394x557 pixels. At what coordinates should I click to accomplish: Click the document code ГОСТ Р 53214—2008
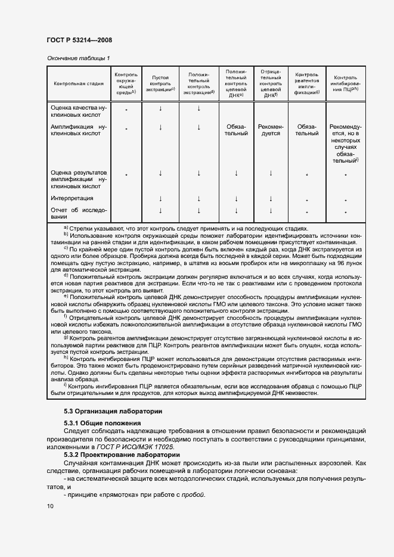tap(79, 40)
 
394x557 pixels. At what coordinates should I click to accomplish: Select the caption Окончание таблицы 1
tap(78, 58)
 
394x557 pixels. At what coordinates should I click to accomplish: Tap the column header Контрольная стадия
tap(79, 84)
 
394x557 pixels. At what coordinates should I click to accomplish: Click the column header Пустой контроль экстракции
tap(160, 84)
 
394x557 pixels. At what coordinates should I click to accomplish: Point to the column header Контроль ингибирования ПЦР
tap(345, 84)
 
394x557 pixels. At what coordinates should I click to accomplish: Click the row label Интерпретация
tap(72, 198)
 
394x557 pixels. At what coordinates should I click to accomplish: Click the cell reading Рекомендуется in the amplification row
tap(271, 130)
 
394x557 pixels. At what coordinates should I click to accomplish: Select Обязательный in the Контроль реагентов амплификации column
tap(307, 130)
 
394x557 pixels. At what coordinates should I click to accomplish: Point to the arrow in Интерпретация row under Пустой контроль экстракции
tap(160, 199)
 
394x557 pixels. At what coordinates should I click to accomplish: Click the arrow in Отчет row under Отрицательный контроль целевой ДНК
tap(271, 210)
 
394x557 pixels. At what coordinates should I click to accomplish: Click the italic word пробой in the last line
tap(194, 494)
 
